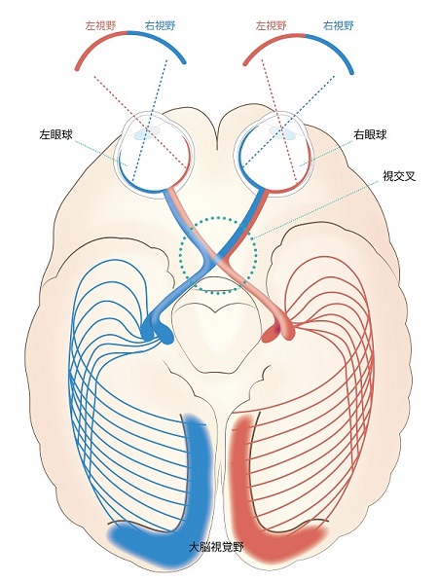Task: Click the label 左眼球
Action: [x=55, y=134]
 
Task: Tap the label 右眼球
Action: [x=370, y=134]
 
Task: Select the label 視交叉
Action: [x=399, y=175]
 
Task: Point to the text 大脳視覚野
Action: [x=216, y=547]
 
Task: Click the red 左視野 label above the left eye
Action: [x=100, y=25]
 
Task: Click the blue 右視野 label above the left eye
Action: [x=160, y=25]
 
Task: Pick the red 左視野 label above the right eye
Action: [x=271, y=25]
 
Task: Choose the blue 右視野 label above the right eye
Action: [x=338, y=25]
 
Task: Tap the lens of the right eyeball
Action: [x=283, y=132]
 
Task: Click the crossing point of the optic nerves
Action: [x=218, y=259]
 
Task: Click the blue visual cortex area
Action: [x=197, y=483]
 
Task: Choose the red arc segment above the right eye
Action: [x=270, y=43]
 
